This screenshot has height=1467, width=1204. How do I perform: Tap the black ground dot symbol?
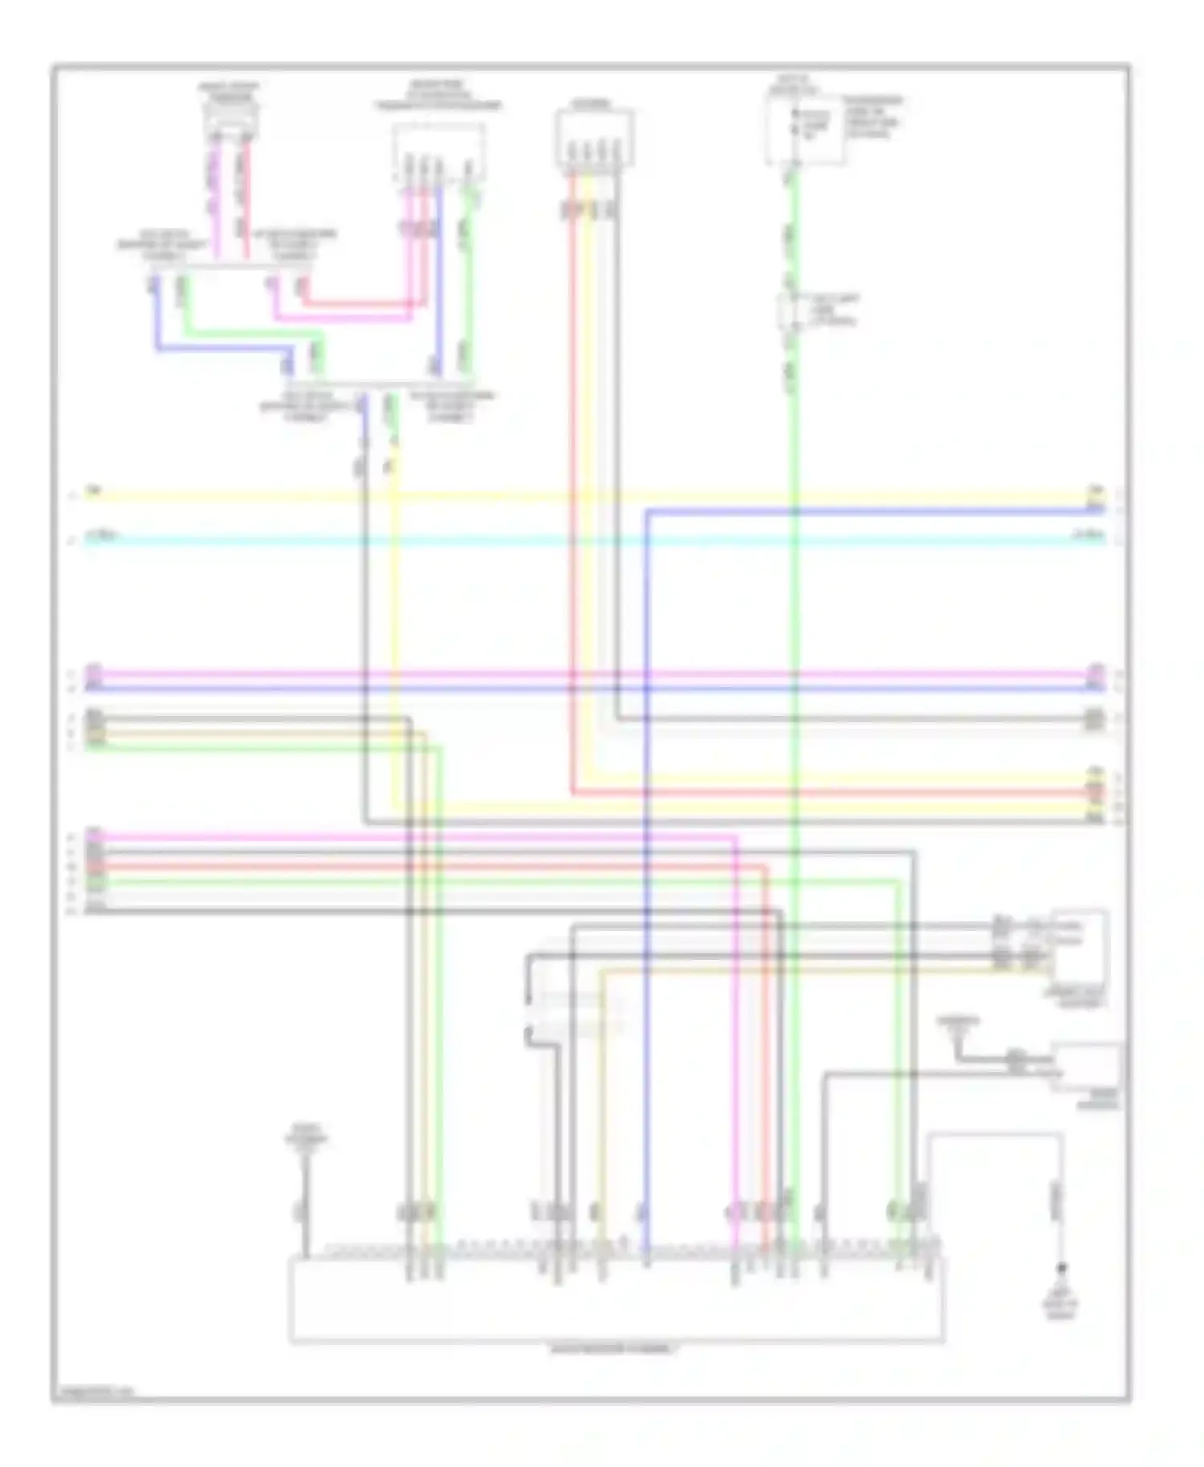1061,1269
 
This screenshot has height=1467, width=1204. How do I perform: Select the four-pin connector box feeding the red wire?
595,139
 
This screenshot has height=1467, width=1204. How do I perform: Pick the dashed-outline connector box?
438,152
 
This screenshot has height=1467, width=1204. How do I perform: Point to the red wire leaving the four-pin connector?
573,482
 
